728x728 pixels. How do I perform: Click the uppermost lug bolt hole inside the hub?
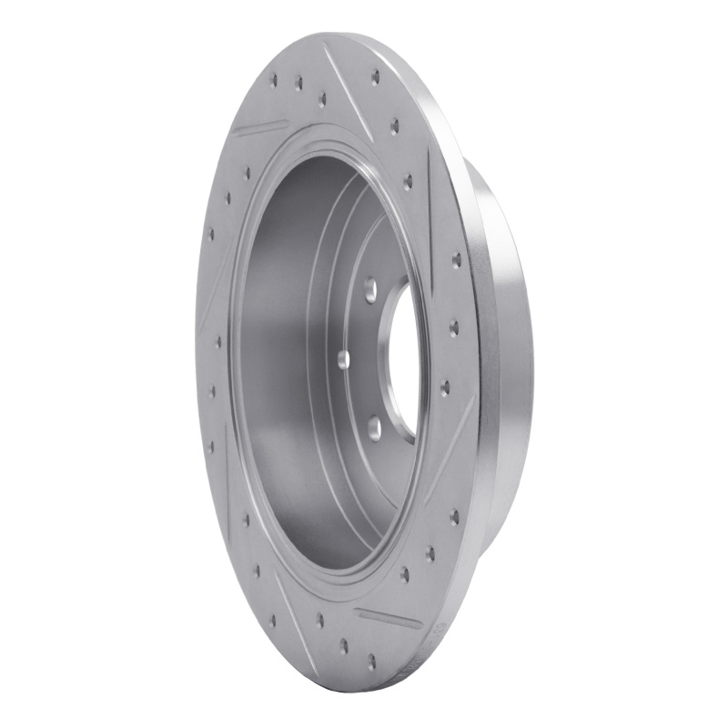point(371,291)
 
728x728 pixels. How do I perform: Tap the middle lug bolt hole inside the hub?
point(343,359)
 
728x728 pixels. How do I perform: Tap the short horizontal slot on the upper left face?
point(259,126)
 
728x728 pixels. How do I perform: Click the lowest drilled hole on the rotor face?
point(371,662)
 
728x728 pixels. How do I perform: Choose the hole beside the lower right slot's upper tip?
point(445,388)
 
